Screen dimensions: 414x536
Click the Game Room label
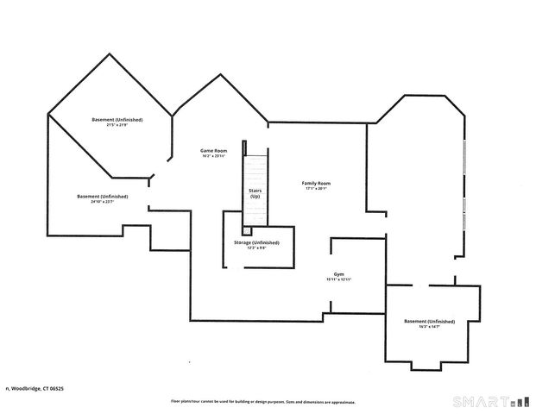point(214,150)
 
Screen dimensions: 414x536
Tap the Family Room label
point(316,183)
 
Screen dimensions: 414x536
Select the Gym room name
point(339,274)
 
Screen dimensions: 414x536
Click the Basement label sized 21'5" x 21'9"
point(117,119)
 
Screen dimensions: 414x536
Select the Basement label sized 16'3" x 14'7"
point(429,321)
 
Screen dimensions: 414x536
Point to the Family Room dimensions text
point(316,189)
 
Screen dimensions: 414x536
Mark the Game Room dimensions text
point(214,156)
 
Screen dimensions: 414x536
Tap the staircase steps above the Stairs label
point(255,168)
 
